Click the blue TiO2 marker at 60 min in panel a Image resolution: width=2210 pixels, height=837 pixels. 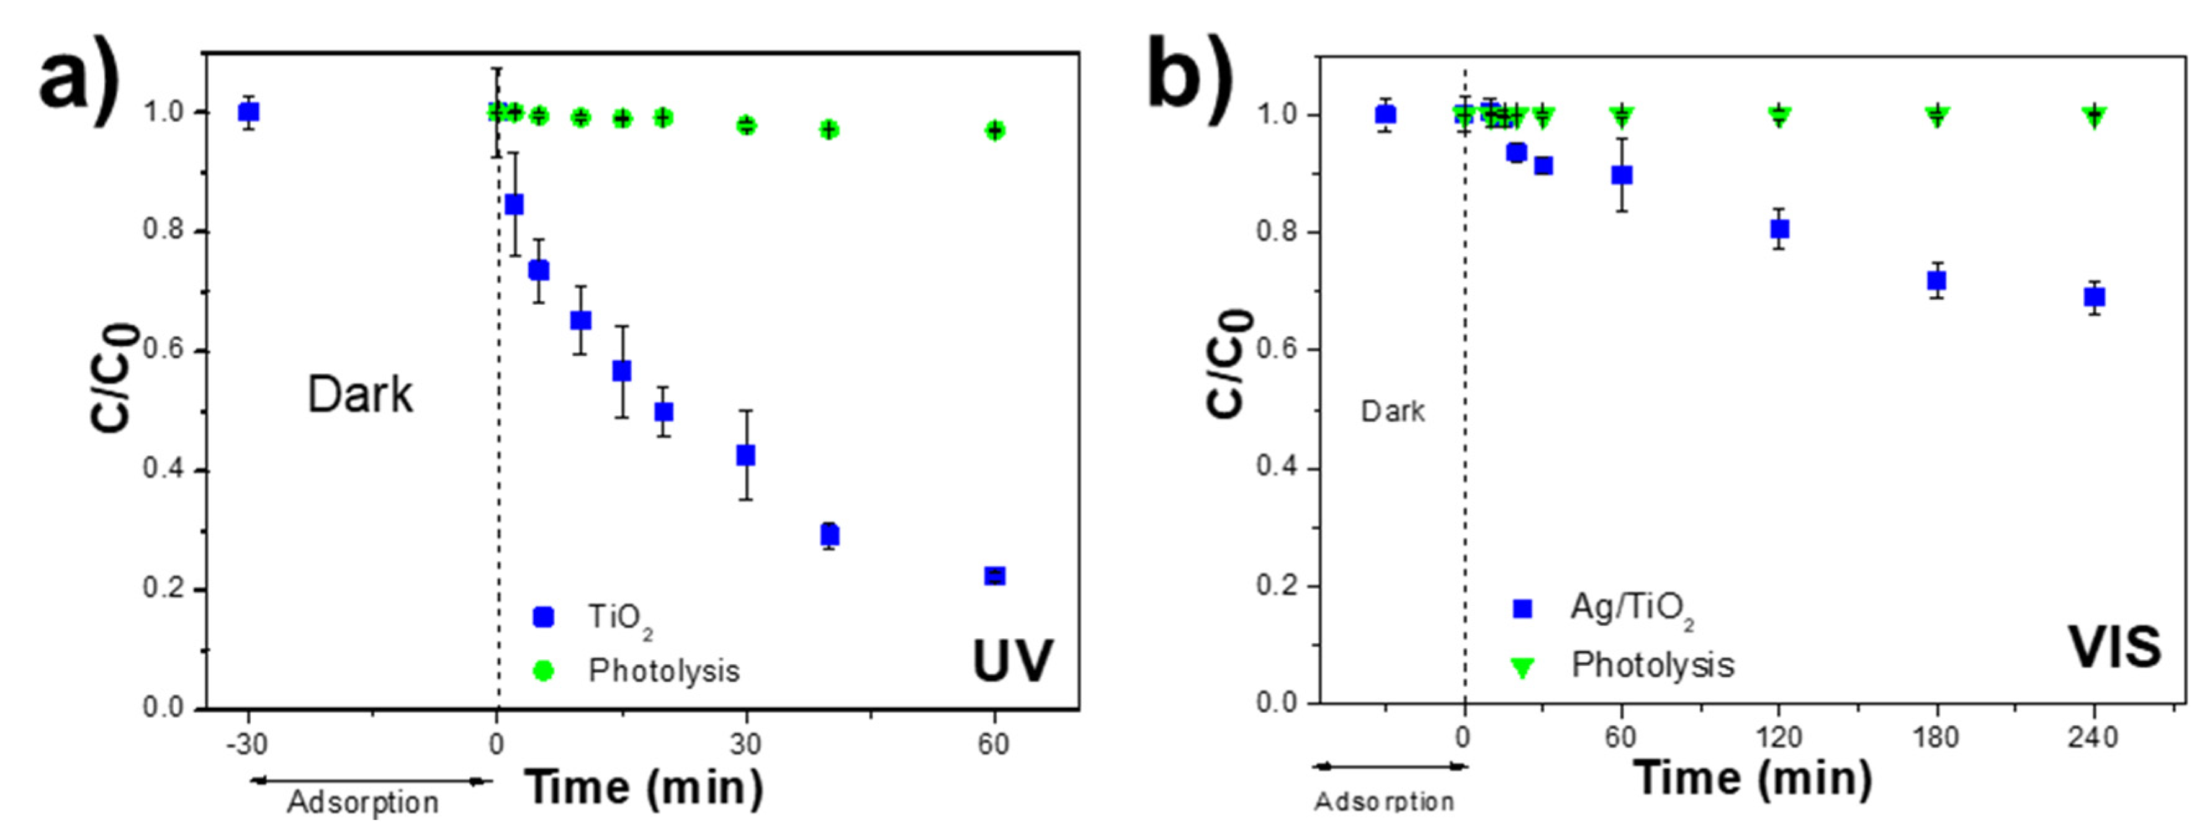pyautogui.click(x=994, y=576)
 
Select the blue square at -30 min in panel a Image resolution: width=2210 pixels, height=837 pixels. pyautogui.click(x=249, y=112)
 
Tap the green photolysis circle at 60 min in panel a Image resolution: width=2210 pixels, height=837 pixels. pyautogui.click(x=994, y=130)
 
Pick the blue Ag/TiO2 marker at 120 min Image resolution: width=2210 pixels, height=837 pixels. pyautogui.click(x=1779, y=229)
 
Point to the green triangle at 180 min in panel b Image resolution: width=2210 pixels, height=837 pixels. pyautogui.click(x=1936, y=116)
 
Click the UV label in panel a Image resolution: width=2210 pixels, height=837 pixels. pyautogui.click(x=1012, y=662)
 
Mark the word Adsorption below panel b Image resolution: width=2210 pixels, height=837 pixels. pyautogui.click(x=1384, y=802)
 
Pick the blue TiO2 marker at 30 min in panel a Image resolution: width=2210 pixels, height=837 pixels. pyautogui.click(x=745, y=455)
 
